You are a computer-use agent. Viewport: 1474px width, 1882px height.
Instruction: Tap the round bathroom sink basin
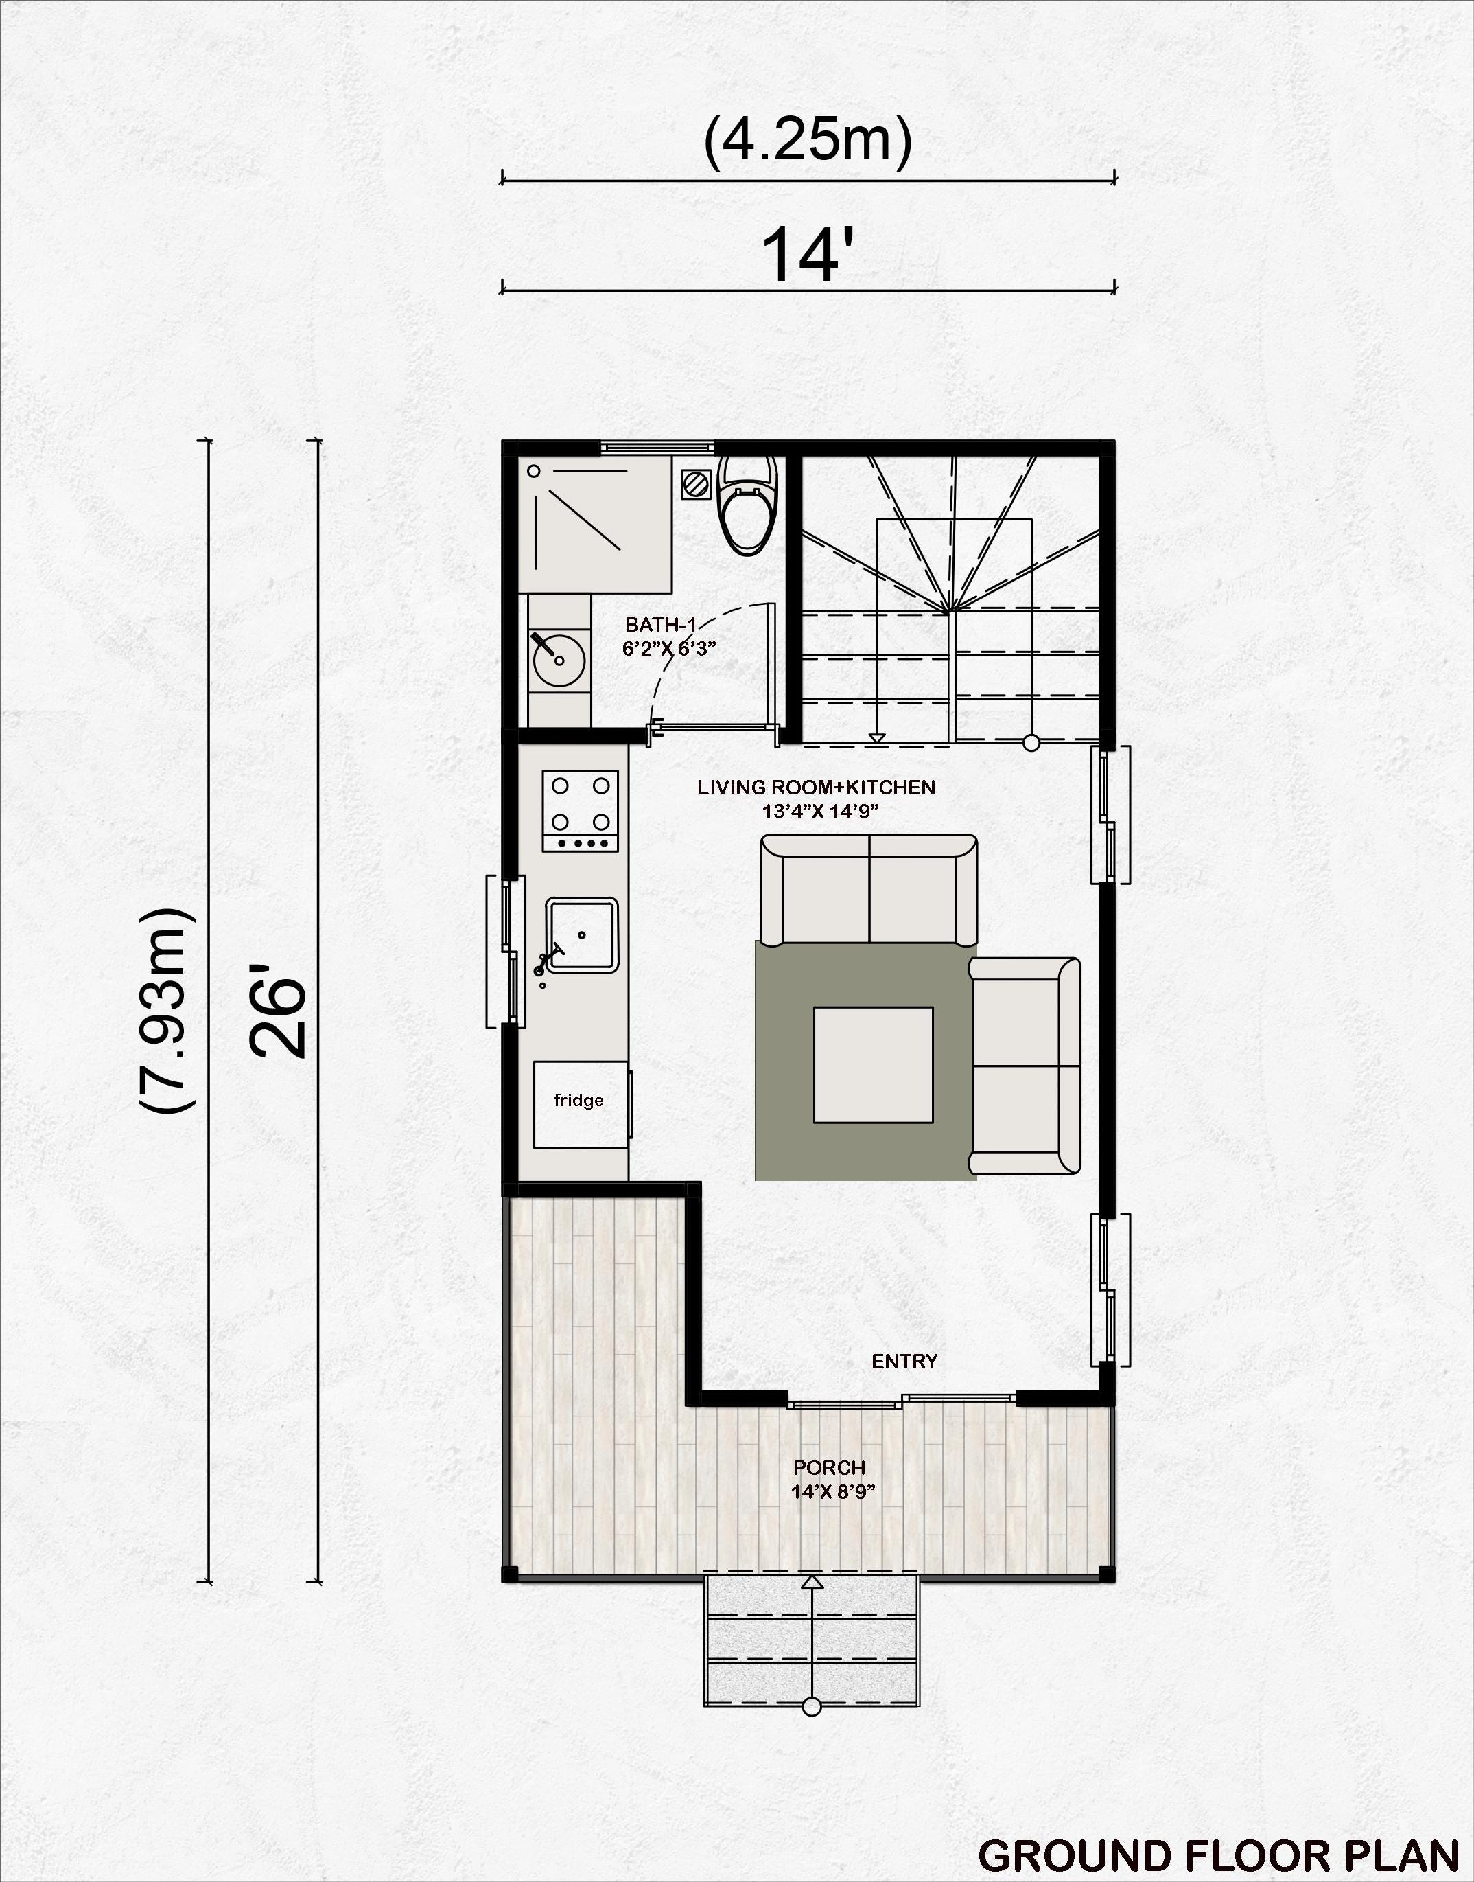tap(559, 661)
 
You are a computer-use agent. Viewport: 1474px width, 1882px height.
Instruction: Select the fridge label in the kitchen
tap(578, 1100)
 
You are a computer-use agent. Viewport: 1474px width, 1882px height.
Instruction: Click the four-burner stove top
tap(580, 811)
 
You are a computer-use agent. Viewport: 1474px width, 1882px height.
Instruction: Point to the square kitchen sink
tap(582, 935)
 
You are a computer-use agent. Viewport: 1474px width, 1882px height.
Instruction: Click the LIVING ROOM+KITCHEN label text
tap(817, 788)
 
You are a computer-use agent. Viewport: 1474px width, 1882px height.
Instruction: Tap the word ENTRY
tap(904, 1362)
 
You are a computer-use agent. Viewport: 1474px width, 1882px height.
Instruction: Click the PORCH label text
tap(830, 1467)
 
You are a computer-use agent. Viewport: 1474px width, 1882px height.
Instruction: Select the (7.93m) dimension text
tap(167, 1010)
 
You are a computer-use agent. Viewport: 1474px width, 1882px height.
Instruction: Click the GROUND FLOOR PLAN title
tap(1217, 1855)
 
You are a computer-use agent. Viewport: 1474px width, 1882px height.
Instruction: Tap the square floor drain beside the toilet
tap(694, 483)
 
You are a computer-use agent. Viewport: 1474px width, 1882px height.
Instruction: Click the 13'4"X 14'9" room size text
tap(820, 812)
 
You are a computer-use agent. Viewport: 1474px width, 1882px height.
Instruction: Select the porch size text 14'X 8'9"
tap(833, 1492)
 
